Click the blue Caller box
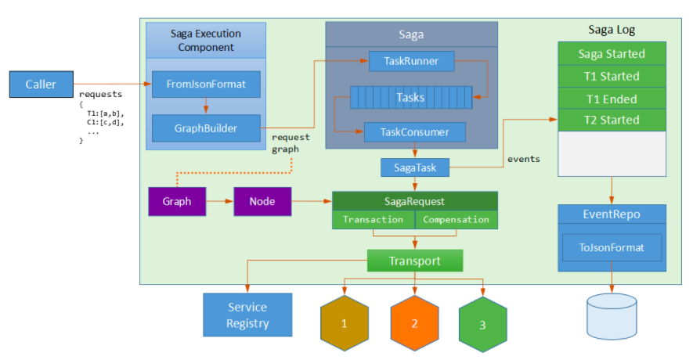pos(41,85)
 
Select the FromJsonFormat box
pos(206,84)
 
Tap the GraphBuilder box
pos(206,128)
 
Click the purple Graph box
pos(177,201)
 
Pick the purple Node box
pos(262,201)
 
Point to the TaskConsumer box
pos(414,132)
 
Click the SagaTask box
pos(414,167)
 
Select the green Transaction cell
pos(373,220)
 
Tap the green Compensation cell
pos(456,220)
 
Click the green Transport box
pos(415,261)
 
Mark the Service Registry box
pos(247,315)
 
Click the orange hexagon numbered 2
pos(414,322)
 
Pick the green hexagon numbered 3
pos(482,322)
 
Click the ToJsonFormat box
pos(612,248)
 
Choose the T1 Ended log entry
pos(612,99)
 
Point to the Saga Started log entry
pos(612,54)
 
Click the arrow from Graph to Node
pos(219,201)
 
